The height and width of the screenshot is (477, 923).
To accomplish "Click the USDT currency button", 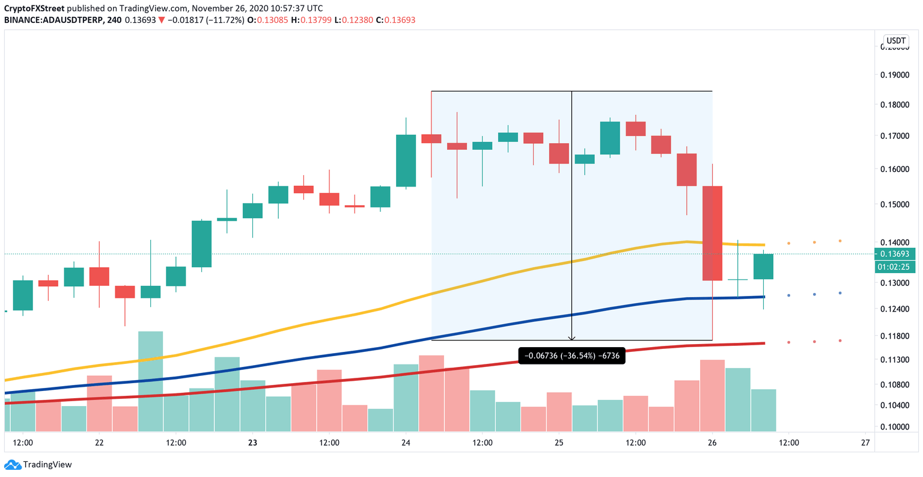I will click(895, 41).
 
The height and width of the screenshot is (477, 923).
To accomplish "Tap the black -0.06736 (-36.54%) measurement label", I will click(571, 356).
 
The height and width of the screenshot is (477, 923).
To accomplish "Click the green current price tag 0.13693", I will click(895, 254).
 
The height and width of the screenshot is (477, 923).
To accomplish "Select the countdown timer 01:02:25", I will click(895, 266).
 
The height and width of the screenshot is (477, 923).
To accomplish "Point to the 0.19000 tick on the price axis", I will click(895, 75).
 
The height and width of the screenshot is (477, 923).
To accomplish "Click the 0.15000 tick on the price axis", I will click(895, 205).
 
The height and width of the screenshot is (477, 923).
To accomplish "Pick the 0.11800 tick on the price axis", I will click(895, 336).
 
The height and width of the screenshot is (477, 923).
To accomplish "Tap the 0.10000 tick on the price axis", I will click(895, 427).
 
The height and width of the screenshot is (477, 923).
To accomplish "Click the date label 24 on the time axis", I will click(406, 443).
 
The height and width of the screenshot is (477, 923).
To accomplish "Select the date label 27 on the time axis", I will click(865, 443).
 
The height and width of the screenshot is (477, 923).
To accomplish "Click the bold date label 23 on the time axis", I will click(252, 443).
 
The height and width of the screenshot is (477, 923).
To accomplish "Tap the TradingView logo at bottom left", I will click(38, 464).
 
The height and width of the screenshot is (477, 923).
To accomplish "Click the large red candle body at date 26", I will click(712, 233).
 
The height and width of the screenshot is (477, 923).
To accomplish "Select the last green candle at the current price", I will click(763, 266).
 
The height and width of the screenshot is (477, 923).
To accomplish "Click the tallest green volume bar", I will click(150, 381).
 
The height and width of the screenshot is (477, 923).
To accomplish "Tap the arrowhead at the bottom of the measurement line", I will click(571, 338).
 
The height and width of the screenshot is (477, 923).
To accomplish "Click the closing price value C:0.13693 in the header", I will click(395, 20).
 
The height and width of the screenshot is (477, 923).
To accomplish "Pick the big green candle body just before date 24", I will click(406, 161).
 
